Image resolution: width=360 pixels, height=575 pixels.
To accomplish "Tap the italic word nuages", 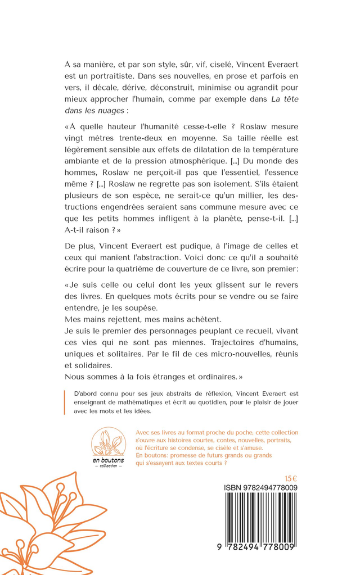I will point(108,111).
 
